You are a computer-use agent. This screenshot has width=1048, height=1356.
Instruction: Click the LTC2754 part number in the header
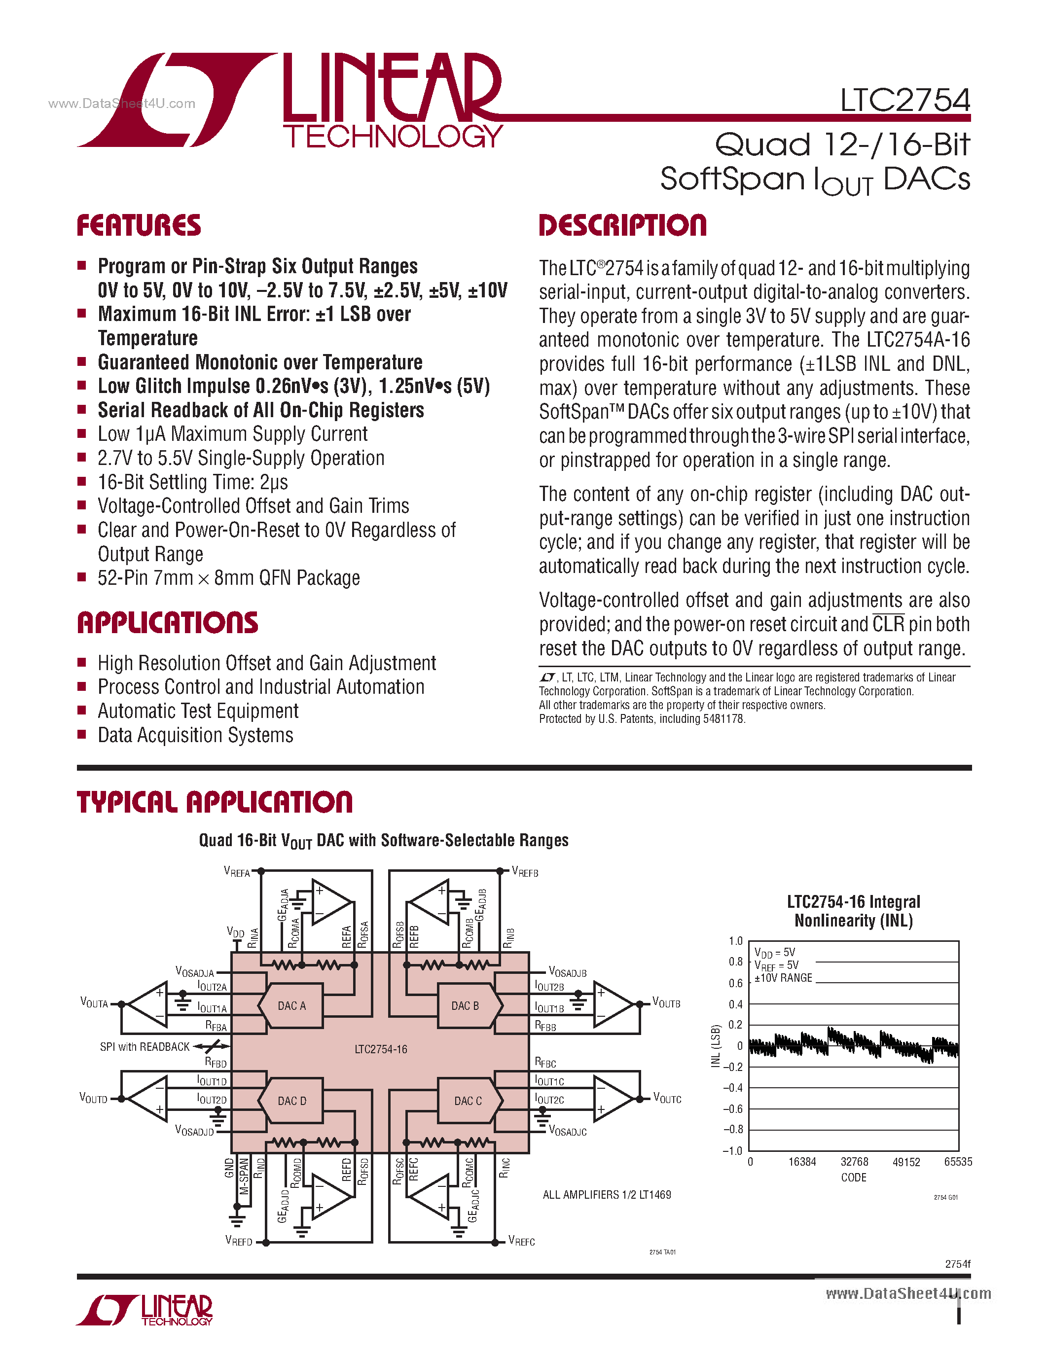[x=904, y=101]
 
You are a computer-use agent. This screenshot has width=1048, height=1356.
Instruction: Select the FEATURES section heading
[x=139, y=225]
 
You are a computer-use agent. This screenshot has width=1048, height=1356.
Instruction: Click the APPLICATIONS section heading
[x=167, y=623]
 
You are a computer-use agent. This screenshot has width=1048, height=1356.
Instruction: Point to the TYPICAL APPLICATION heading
[x=214, y=802]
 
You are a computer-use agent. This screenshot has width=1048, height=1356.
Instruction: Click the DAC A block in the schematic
[x=291, y=1006]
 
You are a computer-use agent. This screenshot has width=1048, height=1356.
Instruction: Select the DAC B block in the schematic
[x=466, y=1006]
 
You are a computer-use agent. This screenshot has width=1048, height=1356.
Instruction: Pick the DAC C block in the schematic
[x=468, y=1101]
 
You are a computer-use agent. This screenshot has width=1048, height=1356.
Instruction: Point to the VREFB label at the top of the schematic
[x=525, y=872]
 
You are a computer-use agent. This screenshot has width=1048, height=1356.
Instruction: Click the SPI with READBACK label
[x=145, y=1047]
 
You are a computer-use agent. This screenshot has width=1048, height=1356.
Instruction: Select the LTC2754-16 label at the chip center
[x=381, y=1049]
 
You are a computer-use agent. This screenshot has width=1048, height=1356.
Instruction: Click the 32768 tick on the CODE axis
[x=854, y=1162]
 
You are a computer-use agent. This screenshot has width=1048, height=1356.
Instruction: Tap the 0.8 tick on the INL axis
[x=735, y=962]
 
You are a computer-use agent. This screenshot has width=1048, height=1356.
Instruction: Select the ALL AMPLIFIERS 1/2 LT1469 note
[x=607, y=1195]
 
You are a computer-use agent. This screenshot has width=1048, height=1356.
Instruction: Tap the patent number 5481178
[x=723, y=719]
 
